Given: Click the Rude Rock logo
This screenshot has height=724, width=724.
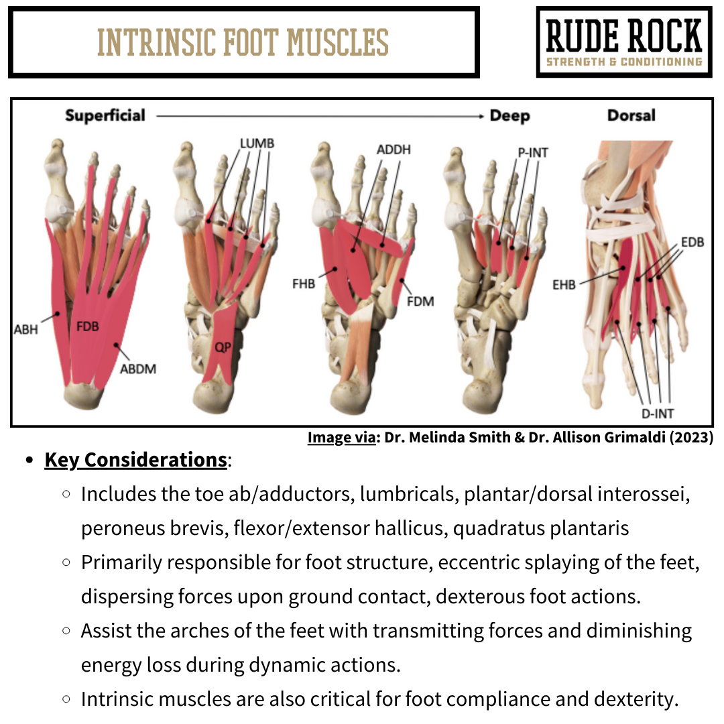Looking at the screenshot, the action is tap(624, 42).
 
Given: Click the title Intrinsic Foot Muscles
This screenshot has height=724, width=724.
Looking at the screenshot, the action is tap(243, 42).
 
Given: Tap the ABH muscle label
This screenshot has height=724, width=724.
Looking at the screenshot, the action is tap(26, 329).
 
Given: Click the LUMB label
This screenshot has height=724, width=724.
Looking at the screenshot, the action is tap(257, 144).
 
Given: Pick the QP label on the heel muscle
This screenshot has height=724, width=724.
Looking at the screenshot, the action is tap(222, 347).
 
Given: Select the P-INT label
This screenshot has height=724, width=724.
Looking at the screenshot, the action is tap(532, 153).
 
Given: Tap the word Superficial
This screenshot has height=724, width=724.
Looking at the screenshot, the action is tap(105, 115).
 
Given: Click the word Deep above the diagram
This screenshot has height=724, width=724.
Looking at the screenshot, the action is tap(509, 115).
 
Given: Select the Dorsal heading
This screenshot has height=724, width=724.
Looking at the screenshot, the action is tap(631, 115).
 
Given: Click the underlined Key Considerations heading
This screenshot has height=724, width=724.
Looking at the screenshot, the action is tap(135, 461).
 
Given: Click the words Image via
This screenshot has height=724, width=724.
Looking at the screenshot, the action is tap(341, 438).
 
